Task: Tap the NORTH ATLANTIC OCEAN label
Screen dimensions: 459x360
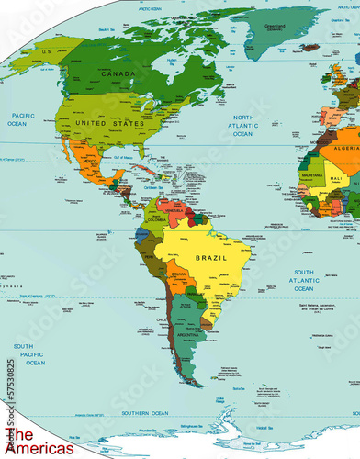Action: (x=242, y=126)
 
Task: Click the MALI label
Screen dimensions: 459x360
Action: (x=335, y=178)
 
